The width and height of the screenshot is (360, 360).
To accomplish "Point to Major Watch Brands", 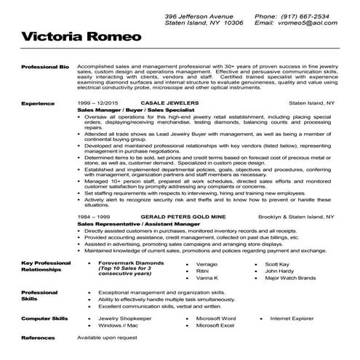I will [290, 279].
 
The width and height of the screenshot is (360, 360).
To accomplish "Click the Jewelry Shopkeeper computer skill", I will [126, 319].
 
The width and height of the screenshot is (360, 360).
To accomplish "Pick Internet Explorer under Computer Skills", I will [297, 319].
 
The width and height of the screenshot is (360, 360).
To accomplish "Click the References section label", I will [39, 339].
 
